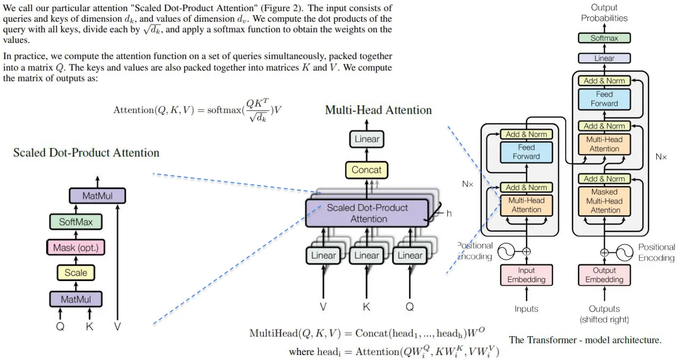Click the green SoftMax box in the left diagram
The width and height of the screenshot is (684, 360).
76,221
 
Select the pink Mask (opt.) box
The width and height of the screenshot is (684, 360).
76,247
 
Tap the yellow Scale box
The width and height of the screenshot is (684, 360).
76,273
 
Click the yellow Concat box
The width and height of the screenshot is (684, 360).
367,170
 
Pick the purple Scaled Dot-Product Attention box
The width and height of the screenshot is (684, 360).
367,213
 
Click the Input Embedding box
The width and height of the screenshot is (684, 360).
526,275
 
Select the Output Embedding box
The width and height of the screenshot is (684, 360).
604,275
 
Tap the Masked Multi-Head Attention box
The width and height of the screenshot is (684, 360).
604,201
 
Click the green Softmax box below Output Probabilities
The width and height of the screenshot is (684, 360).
604,38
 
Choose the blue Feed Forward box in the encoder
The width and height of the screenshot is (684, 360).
526,152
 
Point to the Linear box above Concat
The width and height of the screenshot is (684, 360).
367,139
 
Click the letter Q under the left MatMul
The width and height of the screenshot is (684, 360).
60,327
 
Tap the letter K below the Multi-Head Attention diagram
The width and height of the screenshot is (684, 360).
367,306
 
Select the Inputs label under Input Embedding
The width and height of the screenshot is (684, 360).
526,309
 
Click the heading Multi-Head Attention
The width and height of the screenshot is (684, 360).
378,110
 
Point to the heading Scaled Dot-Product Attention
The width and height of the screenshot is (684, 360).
86,153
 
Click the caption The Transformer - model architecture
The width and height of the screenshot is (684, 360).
585,340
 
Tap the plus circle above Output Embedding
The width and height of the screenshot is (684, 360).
604,252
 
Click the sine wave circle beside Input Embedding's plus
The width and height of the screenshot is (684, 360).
506,252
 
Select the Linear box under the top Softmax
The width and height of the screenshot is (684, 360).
604,58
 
